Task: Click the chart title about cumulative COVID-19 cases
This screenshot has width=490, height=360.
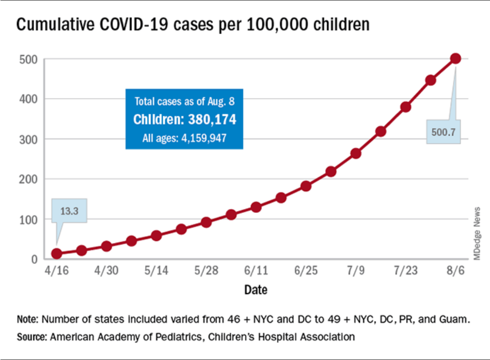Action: pyautogui.click(x=192, y=25)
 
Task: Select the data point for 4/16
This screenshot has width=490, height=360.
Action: pyautogui.click(x=57, y=254)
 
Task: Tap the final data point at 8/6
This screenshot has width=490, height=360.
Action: pyautogui.click(x=455, y=59)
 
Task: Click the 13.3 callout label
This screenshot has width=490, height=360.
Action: pyautogui.click(x=69, y=211)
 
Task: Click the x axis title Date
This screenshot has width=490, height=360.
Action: pyautogui.click(x=255, y=290)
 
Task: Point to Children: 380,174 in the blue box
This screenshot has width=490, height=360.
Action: pyautogui.click(x=184, y=120)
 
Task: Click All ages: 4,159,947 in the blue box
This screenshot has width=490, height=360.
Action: pyautogui.click(x=184, y=138)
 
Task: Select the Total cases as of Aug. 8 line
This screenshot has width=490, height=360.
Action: pyautogui.click(x=184, y=101)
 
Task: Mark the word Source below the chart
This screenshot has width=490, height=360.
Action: pyautogui.click(x=31, y=337)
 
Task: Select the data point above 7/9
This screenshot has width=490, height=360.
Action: pyautogui.click(x=356, y=153)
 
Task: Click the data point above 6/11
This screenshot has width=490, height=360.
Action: pyautogui.click(x=256, y=207)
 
